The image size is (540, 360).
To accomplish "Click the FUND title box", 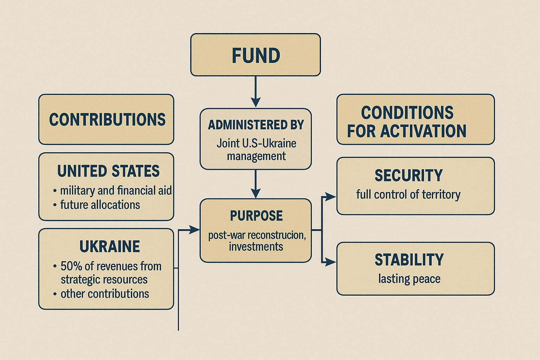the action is (256, 55).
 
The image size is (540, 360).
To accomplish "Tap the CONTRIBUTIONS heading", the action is (107, 120).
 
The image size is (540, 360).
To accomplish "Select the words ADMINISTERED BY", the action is (256, 125).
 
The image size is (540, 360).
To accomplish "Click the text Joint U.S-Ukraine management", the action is (256, 149).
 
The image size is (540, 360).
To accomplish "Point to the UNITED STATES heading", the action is (108, 171).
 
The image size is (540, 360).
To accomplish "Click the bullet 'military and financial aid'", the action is (112, 191).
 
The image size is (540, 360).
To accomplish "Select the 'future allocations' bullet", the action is (96, 205).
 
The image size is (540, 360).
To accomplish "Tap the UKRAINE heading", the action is (110, 246).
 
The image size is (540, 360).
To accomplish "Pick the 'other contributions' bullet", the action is (101, 294).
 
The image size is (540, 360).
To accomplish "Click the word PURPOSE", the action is (256, 216).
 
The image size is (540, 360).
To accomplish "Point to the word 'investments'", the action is (256, 247).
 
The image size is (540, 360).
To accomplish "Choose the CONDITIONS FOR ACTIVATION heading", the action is (407, 122).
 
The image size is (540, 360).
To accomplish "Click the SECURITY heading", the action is (409, 175).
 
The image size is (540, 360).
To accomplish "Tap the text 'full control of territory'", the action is (409, 194).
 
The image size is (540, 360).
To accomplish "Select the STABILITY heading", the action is (409, 260).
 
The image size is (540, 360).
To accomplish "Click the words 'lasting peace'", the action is (409, 279).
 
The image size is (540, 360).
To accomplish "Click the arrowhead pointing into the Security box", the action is (330, 197).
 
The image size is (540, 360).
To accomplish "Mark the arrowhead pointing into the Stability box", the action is (330, 262).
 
